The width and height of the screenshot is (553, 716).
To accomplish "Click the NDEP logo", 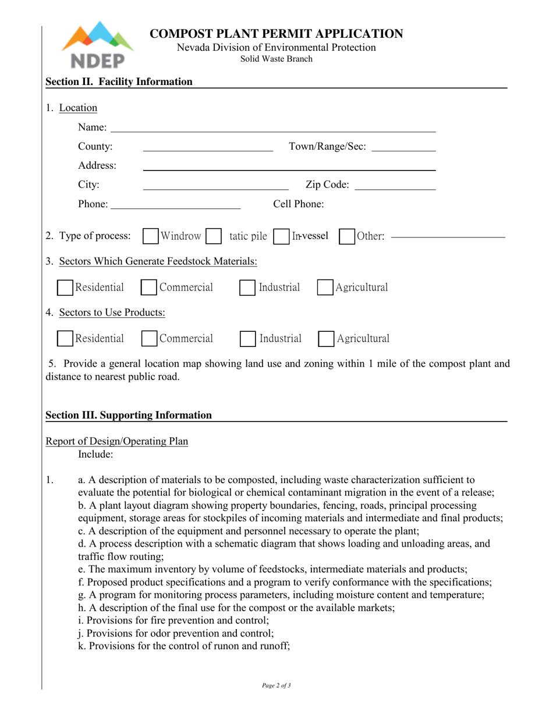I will (x=97, y=45).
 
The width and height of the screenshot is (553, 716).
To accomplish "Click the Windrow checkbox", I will (x=150, y=236).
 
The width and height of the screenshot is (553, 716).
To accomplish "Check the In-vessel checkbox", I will (x=281, y=236).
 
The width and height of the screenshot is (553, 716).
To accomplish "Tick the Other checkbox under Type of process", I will (x=347, y=236).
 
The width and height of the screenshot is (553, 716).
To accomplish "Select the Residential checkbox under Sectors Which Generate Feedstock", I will (x=65, y=288).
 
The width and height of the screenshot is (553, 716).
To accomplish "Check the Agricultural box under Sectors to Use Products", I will (x=326, y=339).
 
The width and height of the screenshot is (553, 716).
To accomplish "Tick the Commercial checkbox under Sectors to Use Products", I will (x=150, y=339).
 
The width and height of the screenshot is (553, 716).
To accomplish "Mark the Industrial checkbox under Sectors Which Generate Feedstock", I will (x=247, y=288).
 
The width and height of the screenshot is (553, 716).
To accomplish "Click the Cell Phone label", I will (x=299, y=204).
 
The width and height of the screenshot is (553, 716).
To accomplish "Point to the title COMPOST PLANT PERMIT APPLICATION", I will (x=276, y=34).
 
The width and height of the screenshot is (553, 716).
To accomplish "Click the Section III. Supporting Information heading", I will (x=129, y=415).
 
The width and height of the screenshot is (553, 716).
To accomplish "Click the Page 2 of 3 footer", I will (x=276, y=685).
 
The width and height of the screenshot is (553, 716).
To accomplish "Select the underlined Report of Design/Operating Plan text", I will (x=117, y=441).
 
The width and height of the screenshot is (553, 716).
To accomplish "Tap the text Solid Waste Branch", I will (x=276, y=59).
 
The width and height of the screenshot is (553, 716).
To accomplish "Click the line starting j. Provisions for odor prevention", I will (x=176, y=633).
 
